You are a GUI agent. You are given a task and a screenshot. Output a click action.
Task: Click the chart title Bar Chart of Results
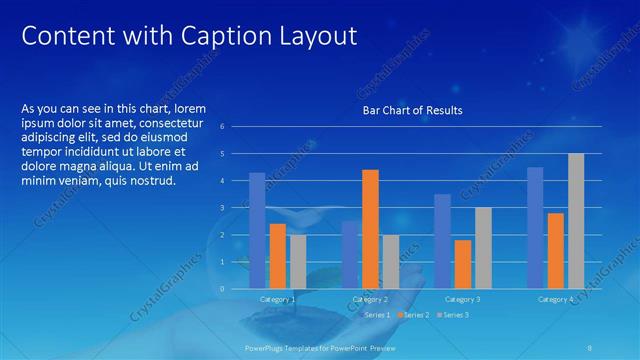coord(412,110)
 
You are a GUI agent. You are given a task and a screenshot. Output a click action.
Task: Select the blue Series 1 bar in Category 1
coord(257,230)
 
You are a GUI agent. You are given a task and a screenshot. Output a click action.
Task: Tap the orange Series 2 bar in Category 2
coord(370,228)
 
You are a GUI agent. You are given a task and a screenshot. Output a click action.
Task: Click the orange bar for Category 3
coord(463,263)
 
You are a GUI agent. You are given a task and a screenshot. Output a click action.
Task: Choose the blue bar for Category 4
coord(535,227)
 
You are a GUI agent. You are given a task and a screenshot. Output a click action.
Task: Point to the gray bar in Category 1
coord(298,261)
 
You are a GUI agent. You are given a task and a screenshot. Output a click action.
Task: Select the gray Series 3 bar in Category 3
coord(483,247)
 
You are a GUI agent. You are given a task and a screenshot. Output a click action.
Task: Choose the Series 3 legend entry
coord(451,315)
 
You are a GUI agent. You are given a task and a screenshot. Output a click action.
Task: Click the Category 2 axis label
coord(370,299)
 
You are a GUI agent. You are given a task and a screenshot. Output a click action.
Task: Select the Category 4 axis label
coord(555,299)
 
